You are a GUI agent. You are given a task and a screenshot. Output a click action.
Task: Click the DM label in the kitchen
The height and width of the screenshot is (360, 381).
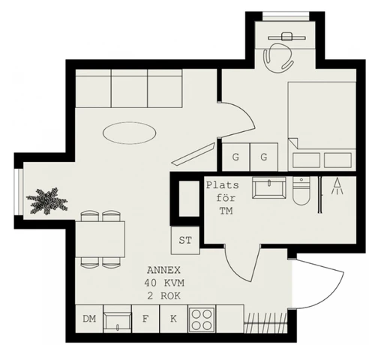pyautogui.click(x=89, y=319)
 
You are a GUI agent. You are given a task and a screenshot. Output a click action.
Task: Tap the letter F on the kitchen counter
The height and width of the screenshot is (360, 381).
pyautogui.click(x=146, y=319)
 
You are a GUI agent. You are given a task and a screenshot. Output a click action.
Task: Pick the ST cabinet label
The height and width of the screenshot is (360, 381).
pyautogui.click(x=184, y=240)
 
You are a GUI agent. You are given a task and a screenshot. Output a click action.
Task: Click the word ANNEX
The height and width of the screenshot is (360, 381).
pyautogui.click(x=163, y=271)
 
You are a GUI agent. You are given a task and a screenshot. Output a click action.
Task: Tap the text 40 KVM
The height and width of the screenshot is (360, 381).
pyautogui.click(x=163, y=283)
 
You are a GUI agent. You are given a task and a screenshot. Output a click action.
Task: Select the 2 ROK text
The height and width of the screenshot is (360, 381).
pyautogui.click(x=163, y=296)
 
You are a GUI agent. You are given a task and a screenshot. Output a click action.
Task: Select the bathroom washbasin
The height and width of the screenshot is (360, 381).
pyautogui.click(x=268, y=186)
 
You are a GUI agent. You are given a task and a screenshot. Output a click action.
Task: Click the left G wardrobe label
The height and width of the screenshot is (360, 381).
pyautogui.click(x=235, y=157)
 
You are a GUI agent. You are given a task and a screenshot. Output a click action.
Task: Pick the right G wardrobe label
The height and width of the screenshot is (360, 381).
pyautogui.click(x=264, y=157)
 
